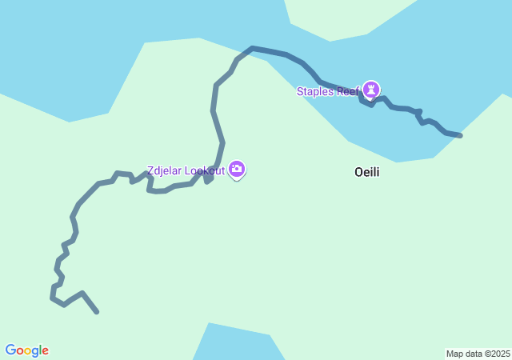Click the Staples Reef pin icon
[x=370, y=89]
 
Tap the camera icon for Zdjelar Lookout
[x=236, y=169]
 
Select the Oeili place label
[x=366, y=172]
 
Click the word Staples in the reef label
[x=315, y=91]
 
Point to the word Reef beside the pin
[x=348, y=91]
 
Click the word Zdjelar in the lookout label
[x=164, y=170]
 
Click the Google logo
[x=26, y=350]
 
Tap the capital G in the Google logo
[x=10, y=350]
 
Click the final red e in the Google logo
[x=45, y=351]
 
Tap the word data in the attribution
[x=473, y=354]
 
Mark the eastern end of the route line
[x=461, y=135]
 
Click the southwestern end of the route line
[x=97, y=312]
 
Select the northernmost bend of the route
[x=253, y=48]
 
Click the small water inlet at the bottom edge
[x=237, y=344]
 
